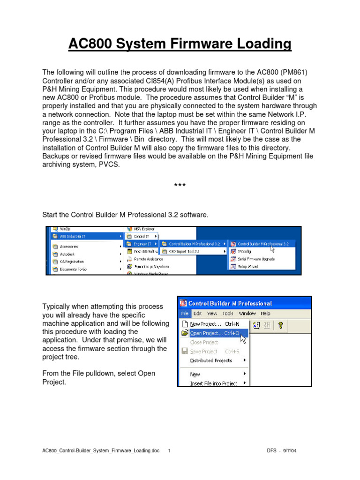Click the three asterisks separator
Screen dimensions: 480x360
pos(180,186)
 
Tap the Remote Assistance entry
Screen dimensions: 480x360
pos(148,259)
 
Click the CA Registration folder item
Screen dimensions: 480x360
pos(71,262)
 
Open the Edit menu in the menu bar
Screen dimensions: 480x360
pos(198,314)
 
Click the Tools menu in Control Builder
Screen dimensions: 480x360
pos(228,314)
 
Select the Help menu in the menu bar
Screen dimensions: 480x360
pos(265,314)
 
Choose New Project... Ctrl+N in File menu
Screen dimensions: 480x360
pos(215,324)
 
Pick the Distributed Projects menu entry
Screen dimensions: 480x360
pos(211,360)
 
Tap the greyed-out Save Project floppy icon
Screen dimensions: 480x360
pos(185,351)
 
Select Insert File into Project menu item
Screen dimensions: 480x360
pos(213,383)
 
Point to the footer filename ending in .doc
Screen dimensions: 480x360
pos(101,450)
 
